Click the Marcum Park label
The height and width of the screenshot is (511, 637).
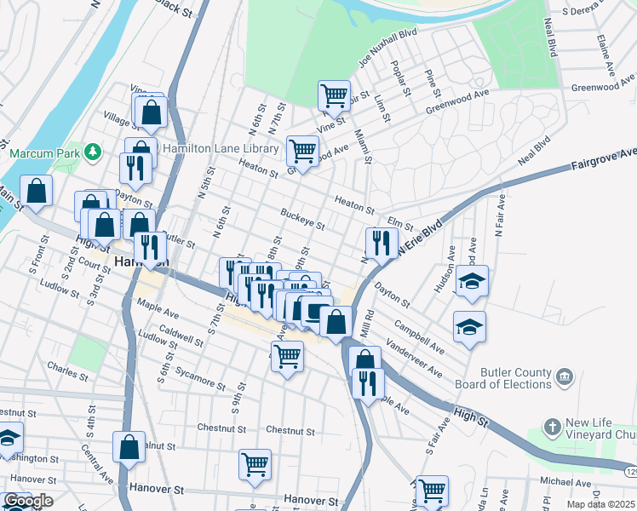coord(43,153)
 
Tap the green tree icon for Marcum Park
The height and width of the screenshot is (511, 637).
coord(91,153)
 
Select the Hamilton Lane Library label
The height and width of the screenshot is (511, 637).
coord(221,148)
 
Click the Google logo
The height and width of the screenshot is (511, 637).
coord(27,502)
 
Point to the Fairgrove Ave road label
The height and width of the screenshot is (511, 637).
coord(604,158)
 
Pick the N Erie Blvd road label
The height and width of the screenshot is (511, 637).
coord(419,235)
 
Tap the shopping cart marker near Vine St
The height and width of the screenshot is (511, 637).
coord(334,95)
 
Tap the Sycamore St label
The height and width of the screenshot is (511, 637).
coord(198,373)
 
